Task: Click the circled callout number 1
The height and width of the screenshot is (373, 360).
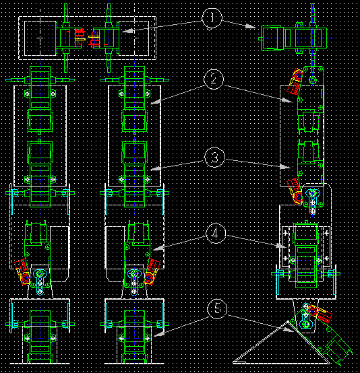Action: [212, 19]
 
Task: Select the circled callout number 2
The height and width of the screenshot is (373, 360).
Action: [214, 79]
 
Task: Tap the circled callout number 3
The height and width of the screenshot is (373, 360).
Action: [214, 158]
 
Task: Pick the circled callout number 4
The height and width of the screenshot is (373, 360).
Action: [216, 233]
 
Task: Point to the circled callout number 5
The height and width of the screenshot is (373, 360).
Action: [217, 309]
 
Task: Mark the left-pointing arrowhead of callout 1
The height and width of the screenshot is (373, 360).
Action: [127, 31]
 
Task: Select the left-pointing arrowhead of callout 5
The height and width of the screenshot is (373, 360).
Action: [158, 334]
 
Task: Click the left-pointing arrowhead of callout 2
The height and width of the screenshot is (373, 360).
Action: [156, 102]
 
